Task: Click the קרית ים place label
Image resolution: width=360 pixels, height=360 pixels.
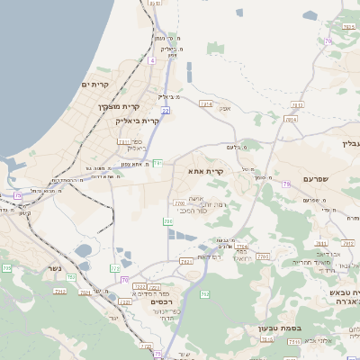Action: click(x=94, y=85)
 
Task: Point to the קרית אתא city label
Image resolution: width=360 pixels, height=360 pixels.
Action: click(x=205, y=170)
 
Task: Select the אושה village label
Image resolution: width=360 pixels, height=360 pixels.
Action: click(x=195, y=199)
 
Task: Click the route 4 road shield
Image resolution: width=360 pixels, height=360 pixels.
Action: click(x=152, y=61)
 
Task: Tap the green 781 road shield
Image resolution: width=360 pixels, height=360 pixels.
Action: click(x=157, y=163)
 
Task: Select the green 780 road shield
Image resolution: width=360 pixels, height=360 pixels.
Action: click(x=167, y=220)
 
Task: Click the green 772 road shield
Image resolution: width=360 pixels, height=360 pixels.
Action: click(x=115, y=268)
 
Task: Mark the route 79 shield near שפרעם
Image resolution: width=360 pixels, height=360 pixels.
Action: click(x=287, y=184)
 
